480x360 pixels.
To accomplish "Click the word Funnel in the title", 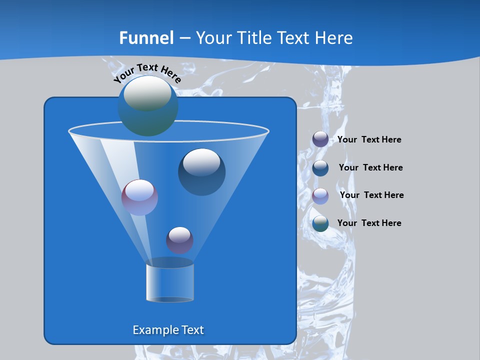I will click(x=146, y=38).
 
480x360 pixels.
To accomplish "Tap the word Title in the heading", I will click(x=253, y=38).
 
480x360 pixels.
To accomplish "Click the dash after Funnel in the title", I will click(x=184, y=38).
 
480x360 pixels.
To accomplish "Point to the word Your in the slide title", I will click(x=212, y=38).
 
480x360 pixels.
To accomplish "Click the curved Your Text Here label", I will click(x=147, y=72).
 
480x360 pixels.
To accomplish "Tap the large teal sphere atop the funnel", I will click(x=148, y=106).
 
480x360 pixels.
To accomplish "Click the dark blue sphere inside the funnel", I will click(x=201, y=172).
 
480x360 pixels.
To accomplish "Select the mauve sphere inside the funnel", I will click(x=139, y=197).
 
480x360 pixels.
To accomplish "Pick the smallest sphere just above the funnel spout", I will click(x=179, y=240).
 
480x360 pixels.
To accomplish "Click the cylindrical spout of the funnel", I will click(x=169, y=282).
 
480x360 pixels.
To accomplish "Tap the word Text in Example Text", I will click(x=192, y=330).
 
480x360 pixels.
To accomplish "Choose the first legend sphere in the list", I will click(x=320, y=139).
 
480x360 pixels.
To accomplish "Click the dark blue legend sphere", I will click(x=320, y=168).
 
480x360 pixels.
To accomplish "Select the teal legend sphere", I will click(x=320, y=223).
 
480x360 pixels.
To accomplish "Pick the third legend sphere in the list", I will click(x=320, y=196).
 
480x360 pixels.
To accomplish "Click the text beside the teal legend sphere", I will click(x=369, y=223).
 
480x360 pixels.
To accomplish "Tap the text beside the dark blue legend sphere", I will click(x=370, y=167).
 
